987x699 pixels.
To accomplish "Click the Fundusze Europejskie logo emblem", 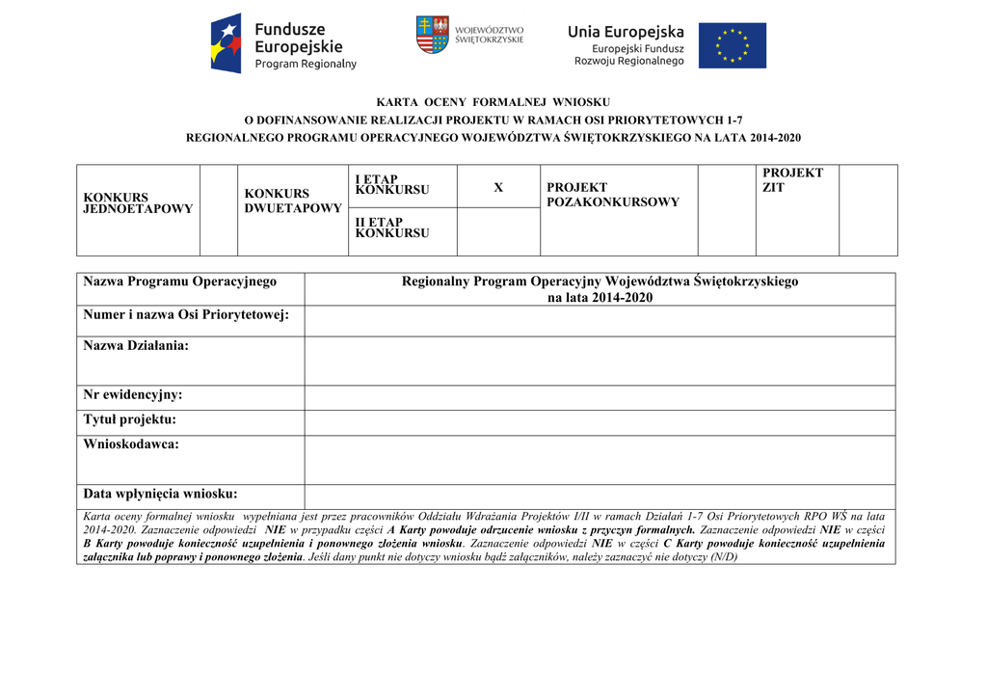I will [x=227, y=44].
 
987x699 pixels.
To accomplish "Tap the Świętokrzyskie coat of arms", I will [x=433, y=35].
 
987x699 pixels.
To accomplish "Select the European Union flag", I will [x=732, y=45].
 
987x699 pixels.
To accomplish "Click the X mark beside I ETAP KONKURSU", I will [x=498, y=187].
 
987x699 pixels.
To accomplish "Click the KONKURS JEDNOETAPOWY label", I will [x=138, y=203].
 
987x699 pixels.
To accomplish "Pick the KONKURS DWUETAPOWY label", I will [x=293, y=202].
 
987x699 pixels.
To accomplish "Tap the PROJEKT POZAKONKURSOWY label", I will [x=612, y=195].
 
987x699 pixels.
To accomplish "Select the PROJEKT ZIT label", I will [x=792, y=179].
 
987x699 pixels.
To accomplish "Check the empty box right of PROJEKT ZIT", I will [x=867, y=209].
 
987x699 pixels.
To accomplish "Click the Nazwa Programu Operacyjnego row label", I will [x=180, y=282].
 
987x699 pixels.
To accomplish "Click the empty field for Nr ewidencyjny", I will [x=600, y=397].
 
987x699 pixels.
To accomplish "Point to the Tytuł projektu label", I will [x=130, y=420].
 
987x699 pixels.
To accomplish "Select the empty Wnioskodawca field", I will [x=600, y=459].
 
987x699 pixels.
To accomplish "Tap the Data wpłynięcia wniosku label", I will [x=160, y=495].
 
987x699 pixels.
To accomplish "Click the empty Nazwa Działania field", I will [x=600, y=361].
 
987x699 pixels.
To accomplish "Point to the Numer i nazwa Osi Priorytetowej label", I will [x=186, y=314].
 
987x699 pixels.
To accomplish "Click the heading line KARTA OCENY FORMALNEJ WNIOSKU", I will [x=493, y=101].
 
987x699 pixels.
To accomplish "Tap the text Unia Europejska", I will [x=626, y=32].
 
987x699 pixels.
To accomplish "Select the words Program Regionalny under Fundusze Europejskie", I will [x=306, y=65].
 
